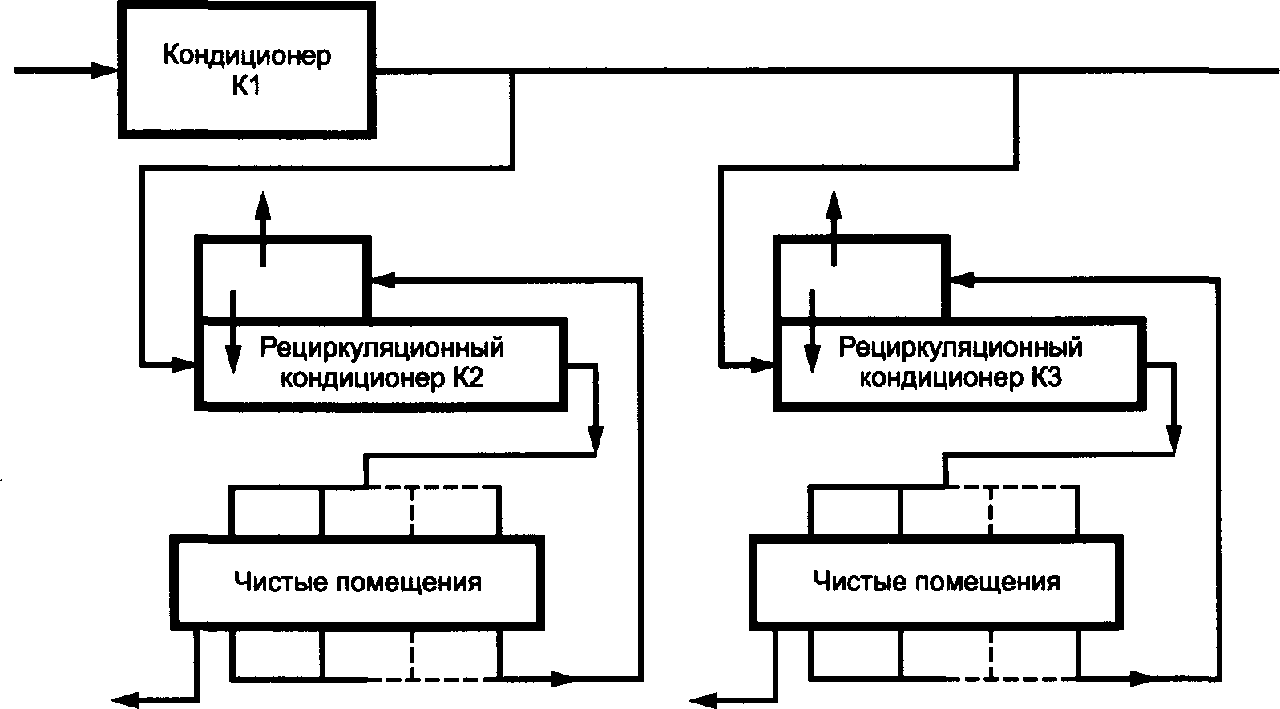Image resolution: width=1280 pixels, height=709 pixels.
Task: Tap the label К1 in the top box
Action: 246,87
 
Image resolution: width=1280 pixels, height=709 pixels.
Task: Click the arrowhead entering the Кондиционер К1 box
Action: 105,70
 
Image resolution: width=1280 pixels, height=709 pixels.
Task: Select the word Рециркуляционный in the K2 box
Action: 382,348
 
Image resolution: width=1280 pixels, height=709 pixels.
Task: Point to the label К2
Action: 469,378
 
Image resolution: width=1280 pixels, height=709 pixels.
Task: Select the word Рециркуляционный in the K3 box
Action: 960,348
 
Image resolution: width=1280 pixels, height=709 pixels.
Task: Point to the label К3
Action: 1048,378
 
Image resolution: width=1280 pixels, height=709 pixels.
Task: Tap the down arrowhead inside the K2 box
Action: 232,359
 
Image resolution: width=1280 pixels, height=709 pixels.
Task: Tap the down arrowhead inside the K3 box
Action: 812,359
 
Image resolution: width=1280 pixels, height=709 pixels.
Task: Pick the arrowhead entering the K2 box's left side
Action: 184,364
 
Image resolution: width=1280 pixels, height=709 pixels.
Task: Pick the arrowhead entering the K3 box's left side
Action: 763,364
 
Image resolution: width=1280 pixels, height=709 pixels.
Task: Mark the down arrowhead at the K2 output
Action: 596,439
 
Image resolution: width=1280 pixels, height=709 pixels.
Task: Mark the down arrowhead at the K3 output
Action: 1173,439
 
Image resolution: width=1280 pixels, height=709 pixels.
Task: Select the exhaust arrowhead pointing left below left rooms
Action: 125,699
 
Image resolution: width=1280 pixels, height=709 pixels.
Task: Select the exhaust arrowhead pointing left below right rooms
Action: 704,699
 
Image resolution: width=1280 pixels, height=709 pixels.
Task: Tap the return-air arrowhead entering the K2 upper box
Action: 383,280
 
